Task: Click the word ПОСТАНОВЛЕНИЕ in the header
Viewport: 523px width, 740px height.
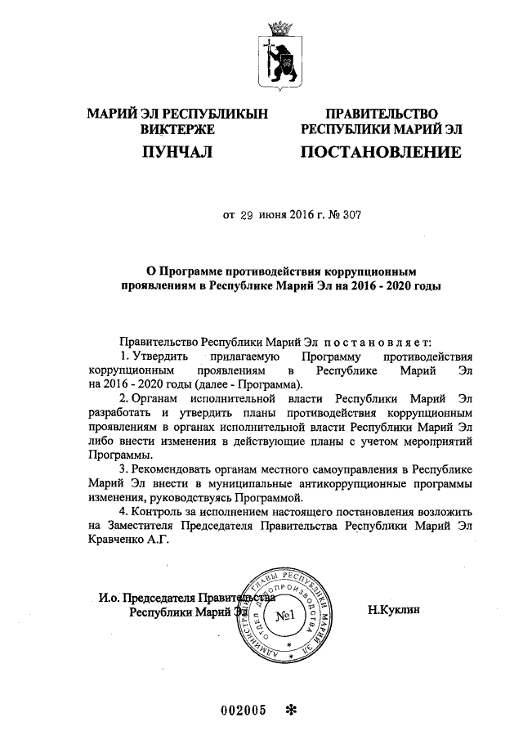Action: click(381, 152)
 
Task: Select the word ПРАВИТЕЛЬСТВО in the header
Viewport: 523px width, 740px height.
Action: click(382, 114)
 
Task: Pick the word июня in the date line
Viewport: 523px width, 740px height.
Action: click(274, 216)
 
